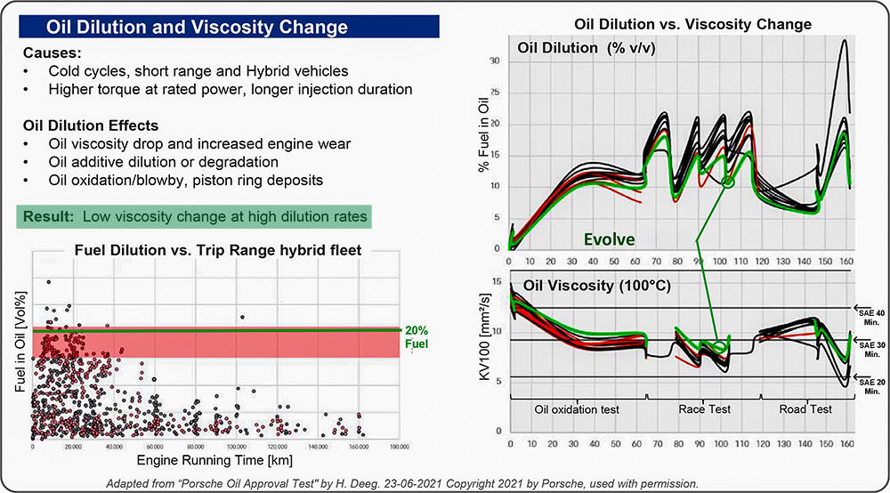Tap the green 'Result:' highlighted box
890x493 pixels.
pyautogui.click(x=191, y=215)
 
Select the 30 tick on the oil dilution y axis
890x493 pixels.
pyautogui.click(x=495, y=61)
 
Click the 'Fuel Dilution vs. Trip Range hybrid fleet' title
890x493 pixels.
pyautogui.click(x=206, y=250)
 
